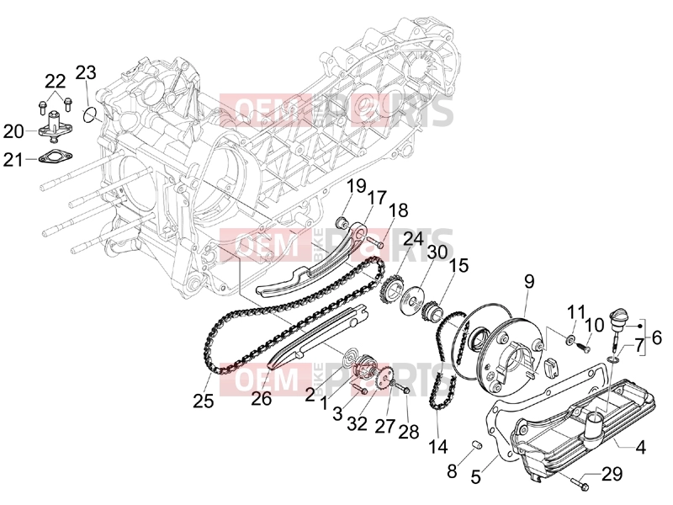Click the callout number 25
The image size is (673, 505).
(203, 401)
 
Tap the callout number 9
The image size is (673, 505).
(529, 282)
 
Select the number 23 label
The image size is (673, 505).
(86, 72)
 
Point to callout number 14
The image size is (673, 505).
(437, 447)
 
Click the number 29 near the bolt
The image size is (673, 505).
(612, 474)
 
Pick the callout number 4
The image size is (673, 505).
(640, 448)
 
